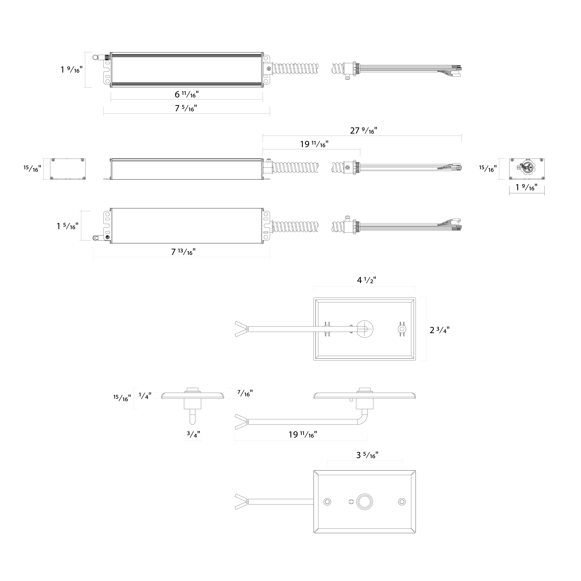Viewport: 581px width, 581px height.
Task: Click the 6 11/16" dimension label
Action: coord(187,94)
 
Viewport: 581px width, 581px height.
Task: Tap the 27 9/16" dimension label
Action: coord(364,131)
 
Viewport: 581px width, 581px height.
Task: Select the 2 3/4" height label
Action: coord(440,330)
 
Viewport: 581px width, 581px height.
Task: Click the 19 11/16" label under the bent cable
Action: coord(303,435)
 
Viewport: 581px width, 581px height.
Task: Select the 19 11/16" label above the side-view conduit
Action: coord(314,144)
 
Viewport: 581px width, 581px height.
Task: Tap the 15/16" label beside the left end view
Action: coord(32,168)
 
